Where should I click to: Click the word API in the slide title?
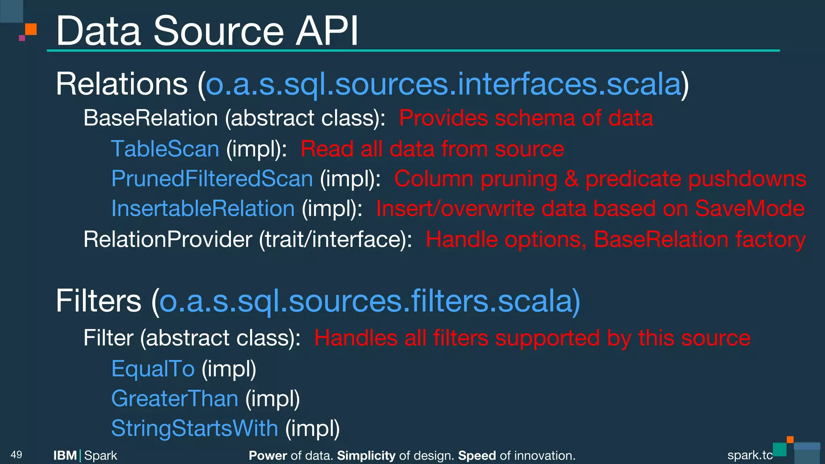pos(327,31)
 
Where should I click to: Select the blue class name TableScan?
pos(165,149)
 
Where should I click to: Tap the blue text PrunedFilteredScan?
pos(212,178)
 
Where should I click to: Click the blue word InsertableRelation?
pos(203,209)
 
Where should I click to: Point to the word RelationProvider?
pos(168,239)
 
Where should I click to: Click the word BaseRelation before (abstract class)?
pos(151,118)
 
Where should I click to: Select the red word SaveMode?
pos(750,209)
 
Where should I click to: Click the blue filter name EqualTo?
pos(153,369)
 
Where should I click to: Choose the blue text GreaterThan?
pos(175,398)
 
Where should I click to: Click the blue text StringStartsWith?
pos(195,428)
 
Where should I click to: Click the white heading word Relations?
pos(122,84)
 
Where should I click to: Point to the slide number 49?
pos(17,455)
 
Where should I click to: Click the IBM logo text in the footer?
pos(65,456)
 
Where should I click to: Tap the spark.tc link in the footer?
pos(750,455)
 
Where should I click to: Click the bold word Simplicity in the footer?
pos(366,456)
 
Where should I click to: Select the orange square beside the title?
pos(31,29)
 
